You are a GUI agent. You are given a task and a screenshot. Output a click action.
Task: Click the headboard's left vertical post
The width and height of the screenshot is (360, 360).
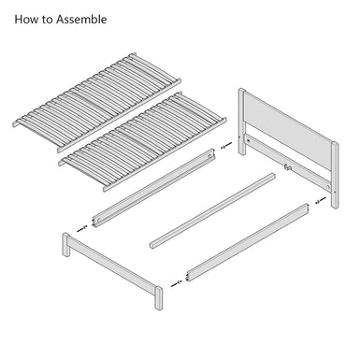242,122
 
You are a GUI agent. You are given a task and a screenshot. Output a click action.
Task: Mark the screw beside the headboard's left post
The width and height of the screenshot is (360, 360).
224,146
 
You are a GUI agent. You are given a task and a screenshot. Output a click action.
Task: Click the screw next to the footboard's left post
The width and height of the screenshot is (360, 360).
82,225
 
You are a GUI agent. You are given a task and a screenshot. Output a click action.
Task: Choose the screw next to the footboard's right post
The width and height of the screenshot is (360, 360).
176,280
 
